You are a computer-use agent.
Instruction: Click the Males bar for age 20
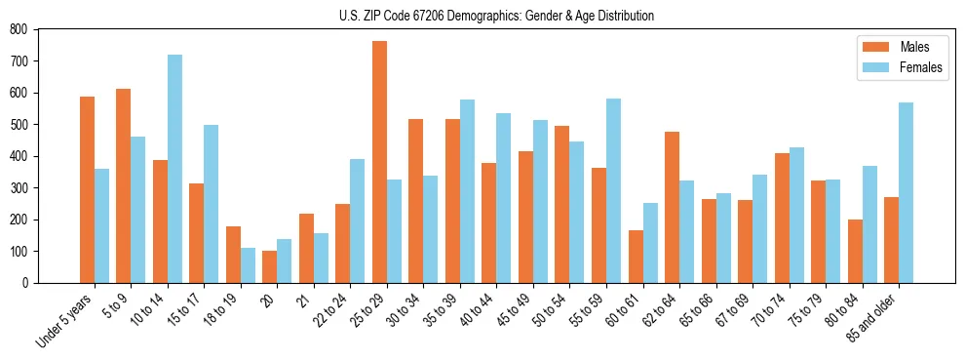coord(270,266)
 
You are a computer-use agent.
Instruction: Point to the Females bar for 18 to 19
coord(248,265)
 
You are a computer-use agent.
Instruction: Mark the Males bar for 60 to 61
coord(636,257)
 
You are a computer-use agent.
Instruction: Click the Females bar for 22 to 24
coord(358,221)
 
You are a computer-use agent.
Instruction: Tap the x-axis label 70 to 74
coord(773,309)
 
